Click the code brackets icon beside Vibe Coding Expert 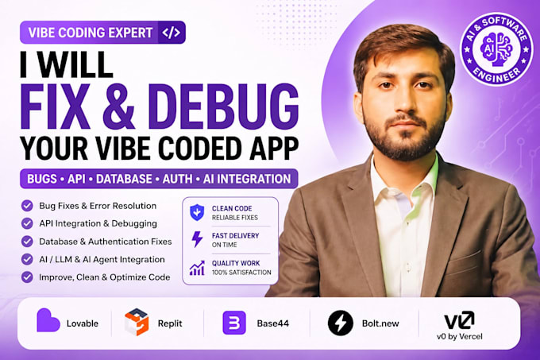(x=172, y=33)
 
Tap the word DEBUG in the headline (x=223, y=106)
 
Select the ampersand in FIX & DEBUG (x=118, y=106)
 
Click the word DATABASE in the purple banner (x=124, y=179)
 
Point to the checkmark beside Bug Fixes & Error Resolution (x=27, y=206)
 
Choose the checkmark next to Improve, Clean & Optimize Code (x=27, y=277)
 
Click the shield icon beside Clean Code (x=197, y=212)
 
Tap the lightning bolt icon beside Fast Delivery (x=197, y=239)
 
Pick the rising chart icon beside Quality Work (x=197, y=268)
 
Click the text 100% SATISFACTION (x=241, y=273)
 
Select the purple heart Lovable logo (x=48, y=320)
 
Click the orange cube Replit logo (x=137, y=322)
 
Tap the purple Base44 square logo (x=234, y=323)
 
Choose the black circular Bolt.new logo (x=340, y=323)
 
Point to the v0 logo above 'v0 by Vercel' (x=460, y=320)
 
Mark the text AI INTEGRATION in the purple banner (x=247, y=179)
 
